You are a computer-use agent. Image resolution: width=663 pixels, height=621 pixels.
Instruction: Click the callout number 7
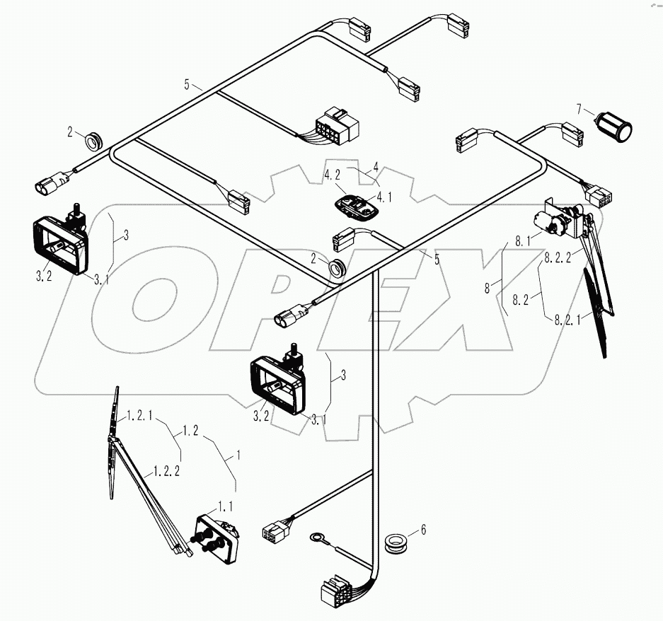[580, 109]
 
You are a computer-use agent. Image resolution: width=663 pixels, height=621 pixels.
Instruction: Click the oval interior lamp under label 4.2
[356, 207]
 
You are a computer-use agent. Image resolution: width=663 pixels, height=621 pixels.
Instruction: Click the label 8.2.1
[567, 319]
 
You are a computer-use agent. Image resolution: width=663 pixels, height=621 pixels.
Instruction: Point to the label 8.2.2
[558, 260]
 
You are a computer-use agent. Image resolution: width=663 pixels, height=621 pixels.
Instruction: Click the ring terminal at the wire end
[315, 539]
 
